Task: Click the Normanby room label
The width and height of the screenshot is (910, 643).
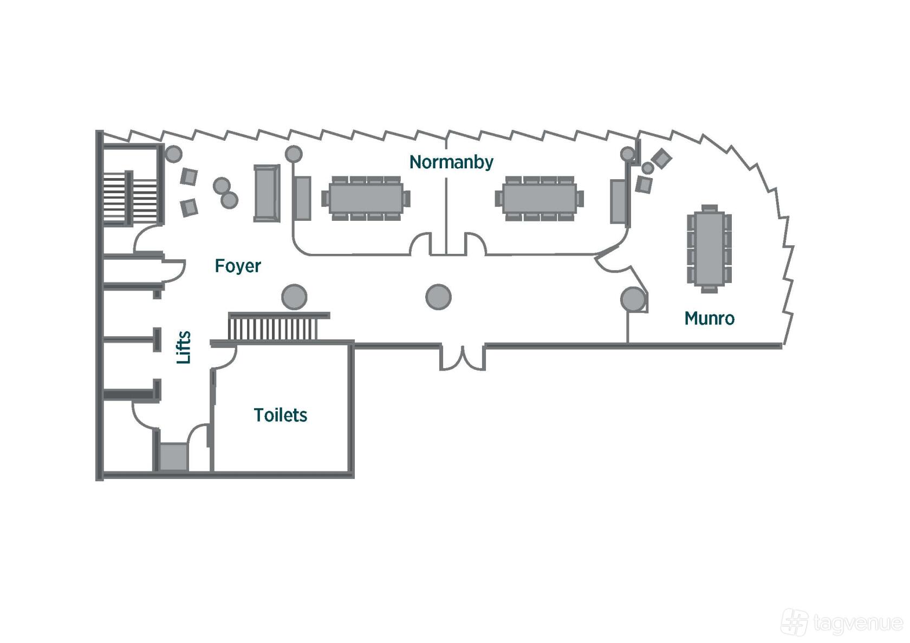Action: pyautogui.click(x=451, y=162)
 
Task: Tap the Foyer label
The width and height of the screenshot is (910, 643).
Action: pyautogui.click(x=238, y=266)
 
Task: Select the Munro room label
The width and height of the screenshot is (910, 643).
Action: pyautogui.click(x=710, y=319)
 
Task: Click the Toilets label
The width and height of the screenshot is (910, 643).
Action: pyautogui.click(x=281, y=415)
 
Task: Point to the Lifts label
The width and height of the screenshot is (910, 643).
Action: pyautogui.click(x=184, y=347)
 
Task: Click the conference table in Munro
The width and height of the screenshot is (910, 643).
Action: pyautogui.click(x=709, y=248)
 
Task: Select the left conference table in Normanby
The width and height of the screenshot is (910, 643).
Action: pyautogui.click(x=366, y=199)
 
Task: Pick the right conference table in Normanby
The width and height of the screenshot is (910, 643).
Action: pyautogui.click(x=539, y=199)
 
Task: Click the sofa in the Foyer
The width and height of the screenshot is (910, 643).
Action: pyautogui.click(x=266, y=193)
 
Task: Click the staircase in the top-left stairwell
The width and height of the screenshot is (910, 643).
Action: pyautogui.click(x=131, y=198)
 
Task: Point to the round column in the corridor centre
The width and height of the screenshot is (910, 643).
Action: pyautogui.click(x=438, y=297)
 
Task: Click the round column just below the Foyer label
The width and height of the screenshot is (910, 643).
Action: pyautogui.click(x=294, y=297)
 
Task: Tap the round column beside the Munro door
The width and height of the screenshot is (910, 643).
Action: pyautogui.click(x=633, y=300)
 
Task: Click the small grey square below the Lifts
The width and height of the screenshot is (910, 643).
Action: pyautogui.click(x=173, y=457)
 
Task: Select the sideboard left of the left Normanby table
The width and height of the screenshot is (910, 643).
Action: pyautogui.click(x=303, y=199)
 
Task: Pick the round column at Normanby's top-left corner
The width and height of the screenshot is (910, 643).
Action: pyautogui.click(x=294, y=154)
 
